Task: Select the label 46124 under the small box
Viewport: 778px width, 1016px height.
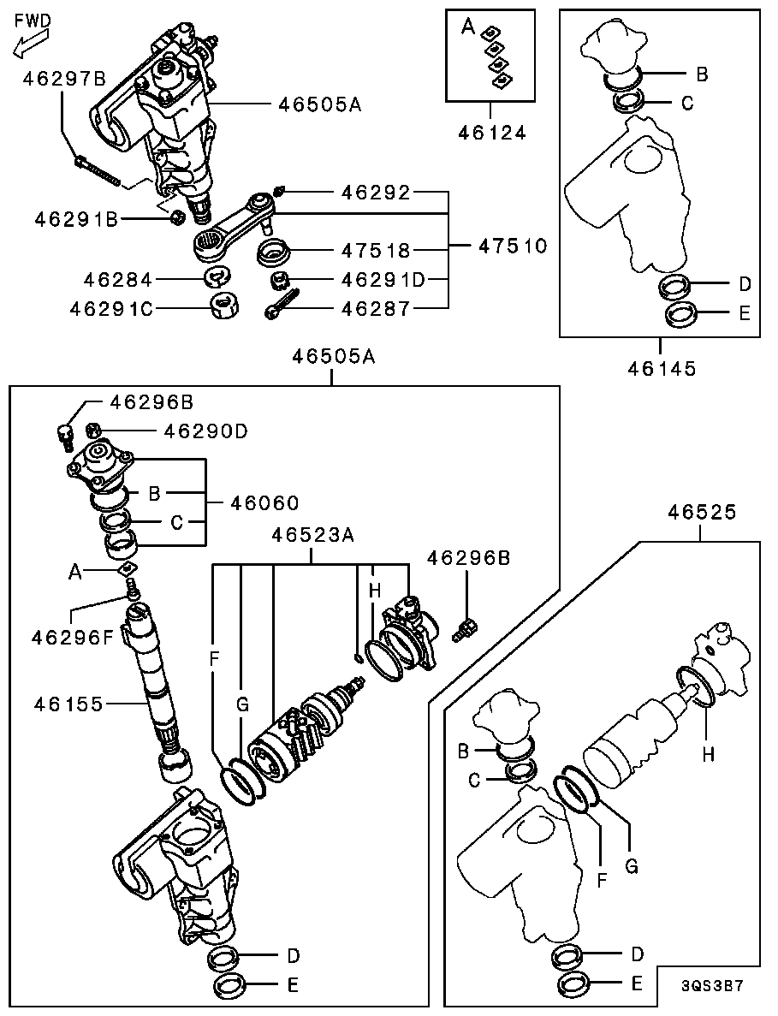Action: (491, 133)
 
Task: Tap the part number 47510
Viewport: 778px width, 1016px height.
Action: (511, 247)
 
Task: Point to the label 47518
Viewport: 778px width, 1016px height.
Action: (377, 251)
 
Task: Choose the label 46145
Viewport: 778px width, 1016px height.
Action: (661, 369)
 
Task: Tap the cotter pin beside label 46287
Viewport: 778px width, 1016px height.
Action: (283, 307)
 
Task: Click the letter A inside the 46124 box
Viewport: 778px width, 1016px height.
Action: (467, 27)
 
